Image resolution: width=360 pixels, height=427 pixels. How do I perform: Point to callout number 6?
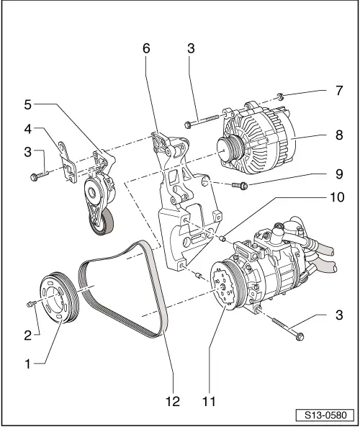click(147, 49)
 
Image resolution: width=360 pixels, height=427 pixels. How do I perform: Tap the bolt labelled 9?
click(241, 186)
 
